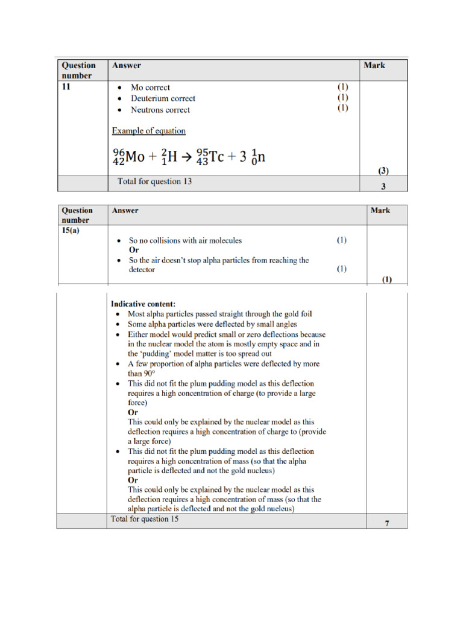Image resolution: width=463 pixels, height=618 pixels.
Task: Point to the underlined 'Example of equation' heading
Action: pyautogui.click(x=148, y=130)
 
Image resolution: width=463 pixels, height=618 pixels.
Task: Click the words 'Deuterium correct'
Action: pyautogui.click(x=163, y=98)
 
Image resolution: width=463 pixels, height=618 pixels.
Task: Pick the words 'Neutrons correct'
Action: pyautogui.click(x=160, y=110)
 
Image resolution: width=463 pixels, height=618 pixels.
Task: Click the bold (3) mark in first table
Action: pyautogui.click(x=383, y=171)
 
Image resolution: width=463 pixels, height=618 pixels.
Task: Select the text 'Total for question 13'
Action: pyautogui.click(x=154, y=181)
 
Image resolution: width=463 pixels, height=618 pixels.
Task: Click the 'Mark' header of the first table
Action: pyautogui.click(x=374, y=65)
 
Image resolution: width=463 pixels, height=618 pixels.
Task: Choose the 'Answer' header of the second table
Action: pyautogui.click(x=125, y=211)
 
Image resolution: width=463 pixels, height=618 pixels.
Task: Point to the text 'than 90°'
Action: pyautogui.click(x=142, y=374)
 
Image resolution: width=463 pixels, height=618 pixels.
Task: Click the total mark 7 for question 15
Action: pyautogui.click(x=387, y=523)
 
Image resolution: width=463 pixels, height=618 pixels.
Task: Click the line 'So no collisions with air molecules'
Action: pyautogui.click(x=185, y=240)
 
